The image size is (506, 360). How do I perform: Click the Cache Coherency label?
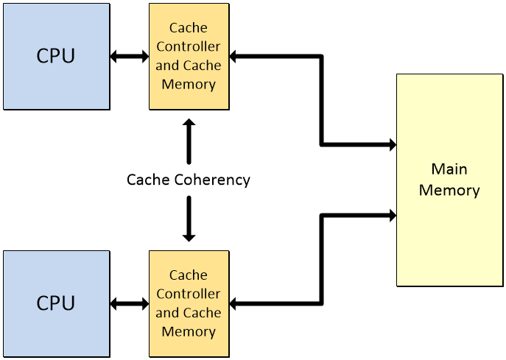click(x=189, y=180)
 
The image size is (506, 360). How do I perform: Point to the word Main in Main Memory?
click(x=449, y=169)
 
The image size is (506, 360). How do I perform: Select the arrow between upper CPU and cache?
click(x=129, y=56)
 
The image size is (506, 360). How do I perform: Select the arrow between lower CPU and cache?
click(x=129, y=303)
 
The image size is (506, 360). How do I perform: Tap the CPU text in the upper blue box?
click(x=55, y=56)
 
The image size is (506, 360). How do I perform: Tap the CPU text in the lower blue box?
click(x=55, y=303)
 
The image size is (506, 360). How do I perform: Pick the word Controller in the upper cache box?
click(x=189, y=47)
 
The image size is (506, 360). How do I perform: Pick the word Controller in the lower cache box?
click(x=189, y=294)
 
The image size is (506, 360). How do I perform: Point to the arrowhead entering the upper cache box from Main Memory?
click(x=234, y=56)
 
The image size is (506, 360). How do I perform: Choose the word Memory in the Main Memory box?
click(x=449, y=190)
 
